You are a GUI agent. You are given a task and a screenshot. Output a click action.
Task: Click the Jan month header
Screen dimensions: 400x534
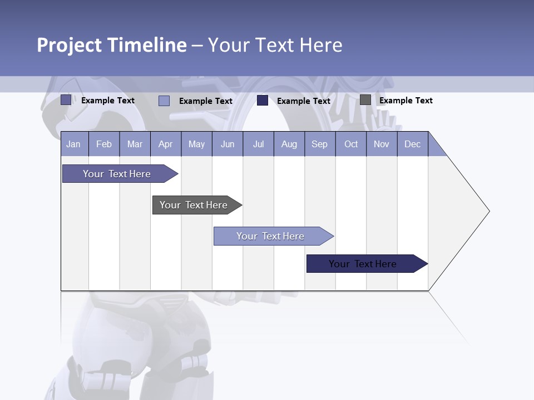point(73,144)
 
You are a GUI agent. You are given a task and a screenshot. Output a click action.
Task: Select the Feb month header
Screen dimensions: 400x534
point(104,144)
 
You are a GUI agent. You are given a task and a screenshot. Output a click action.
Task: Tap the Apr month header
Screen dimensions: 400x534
point(165,144)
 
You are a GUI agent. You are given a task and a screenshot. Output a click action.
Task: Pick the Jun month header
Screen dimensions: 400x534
point(228,144)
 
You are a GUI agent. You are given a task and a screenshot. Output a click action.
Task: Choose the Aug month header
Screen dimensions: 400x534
point(289,144)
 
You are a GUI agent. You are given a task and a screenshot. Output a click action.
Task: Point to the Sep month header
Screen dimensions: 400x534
point(319,144)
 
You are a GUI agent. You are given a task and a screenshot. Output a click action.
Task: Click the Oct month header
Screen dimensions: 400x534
point(351,144)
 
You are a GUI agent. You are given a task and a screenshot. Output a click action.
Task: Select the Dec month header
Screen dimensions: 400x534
point(412,144)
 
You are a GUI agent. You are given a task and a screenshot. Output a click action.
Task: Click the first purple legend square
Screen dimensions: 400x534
point(66,100)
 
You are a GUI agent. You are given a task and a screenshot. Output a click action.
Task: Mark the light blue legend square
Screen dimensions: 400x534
point(164,101)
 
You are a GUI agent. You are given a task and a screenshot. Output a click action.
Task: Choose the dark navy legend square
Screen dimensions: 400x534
point(263,101)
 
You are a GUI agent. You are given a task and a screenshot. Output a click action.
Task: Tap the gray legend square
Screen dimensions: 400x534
point(365,100)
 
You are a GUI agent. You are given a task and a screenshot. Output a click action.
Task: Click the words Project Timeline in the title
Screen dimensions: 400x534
point(112,44)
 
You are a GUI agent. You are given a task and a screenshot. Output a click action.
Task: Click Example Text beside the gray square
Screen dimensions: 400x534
point(406,101)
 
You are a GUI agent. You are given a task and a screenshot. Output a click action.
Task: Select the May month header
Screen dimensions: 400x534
point(196,144)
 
